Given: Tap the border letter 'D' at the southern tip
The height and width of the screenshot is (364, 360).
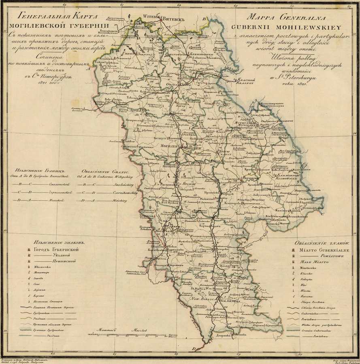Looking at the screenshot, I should pyautogui.click(x=194, y=349).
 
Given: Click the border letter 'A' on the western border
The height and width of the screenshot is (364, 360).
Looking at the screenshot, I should pyautogui.click(x=88, y=68).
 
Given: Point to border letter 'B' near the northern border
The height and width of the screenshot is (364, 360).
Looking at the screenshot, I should pyautogui.click(x=204, y=19).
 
